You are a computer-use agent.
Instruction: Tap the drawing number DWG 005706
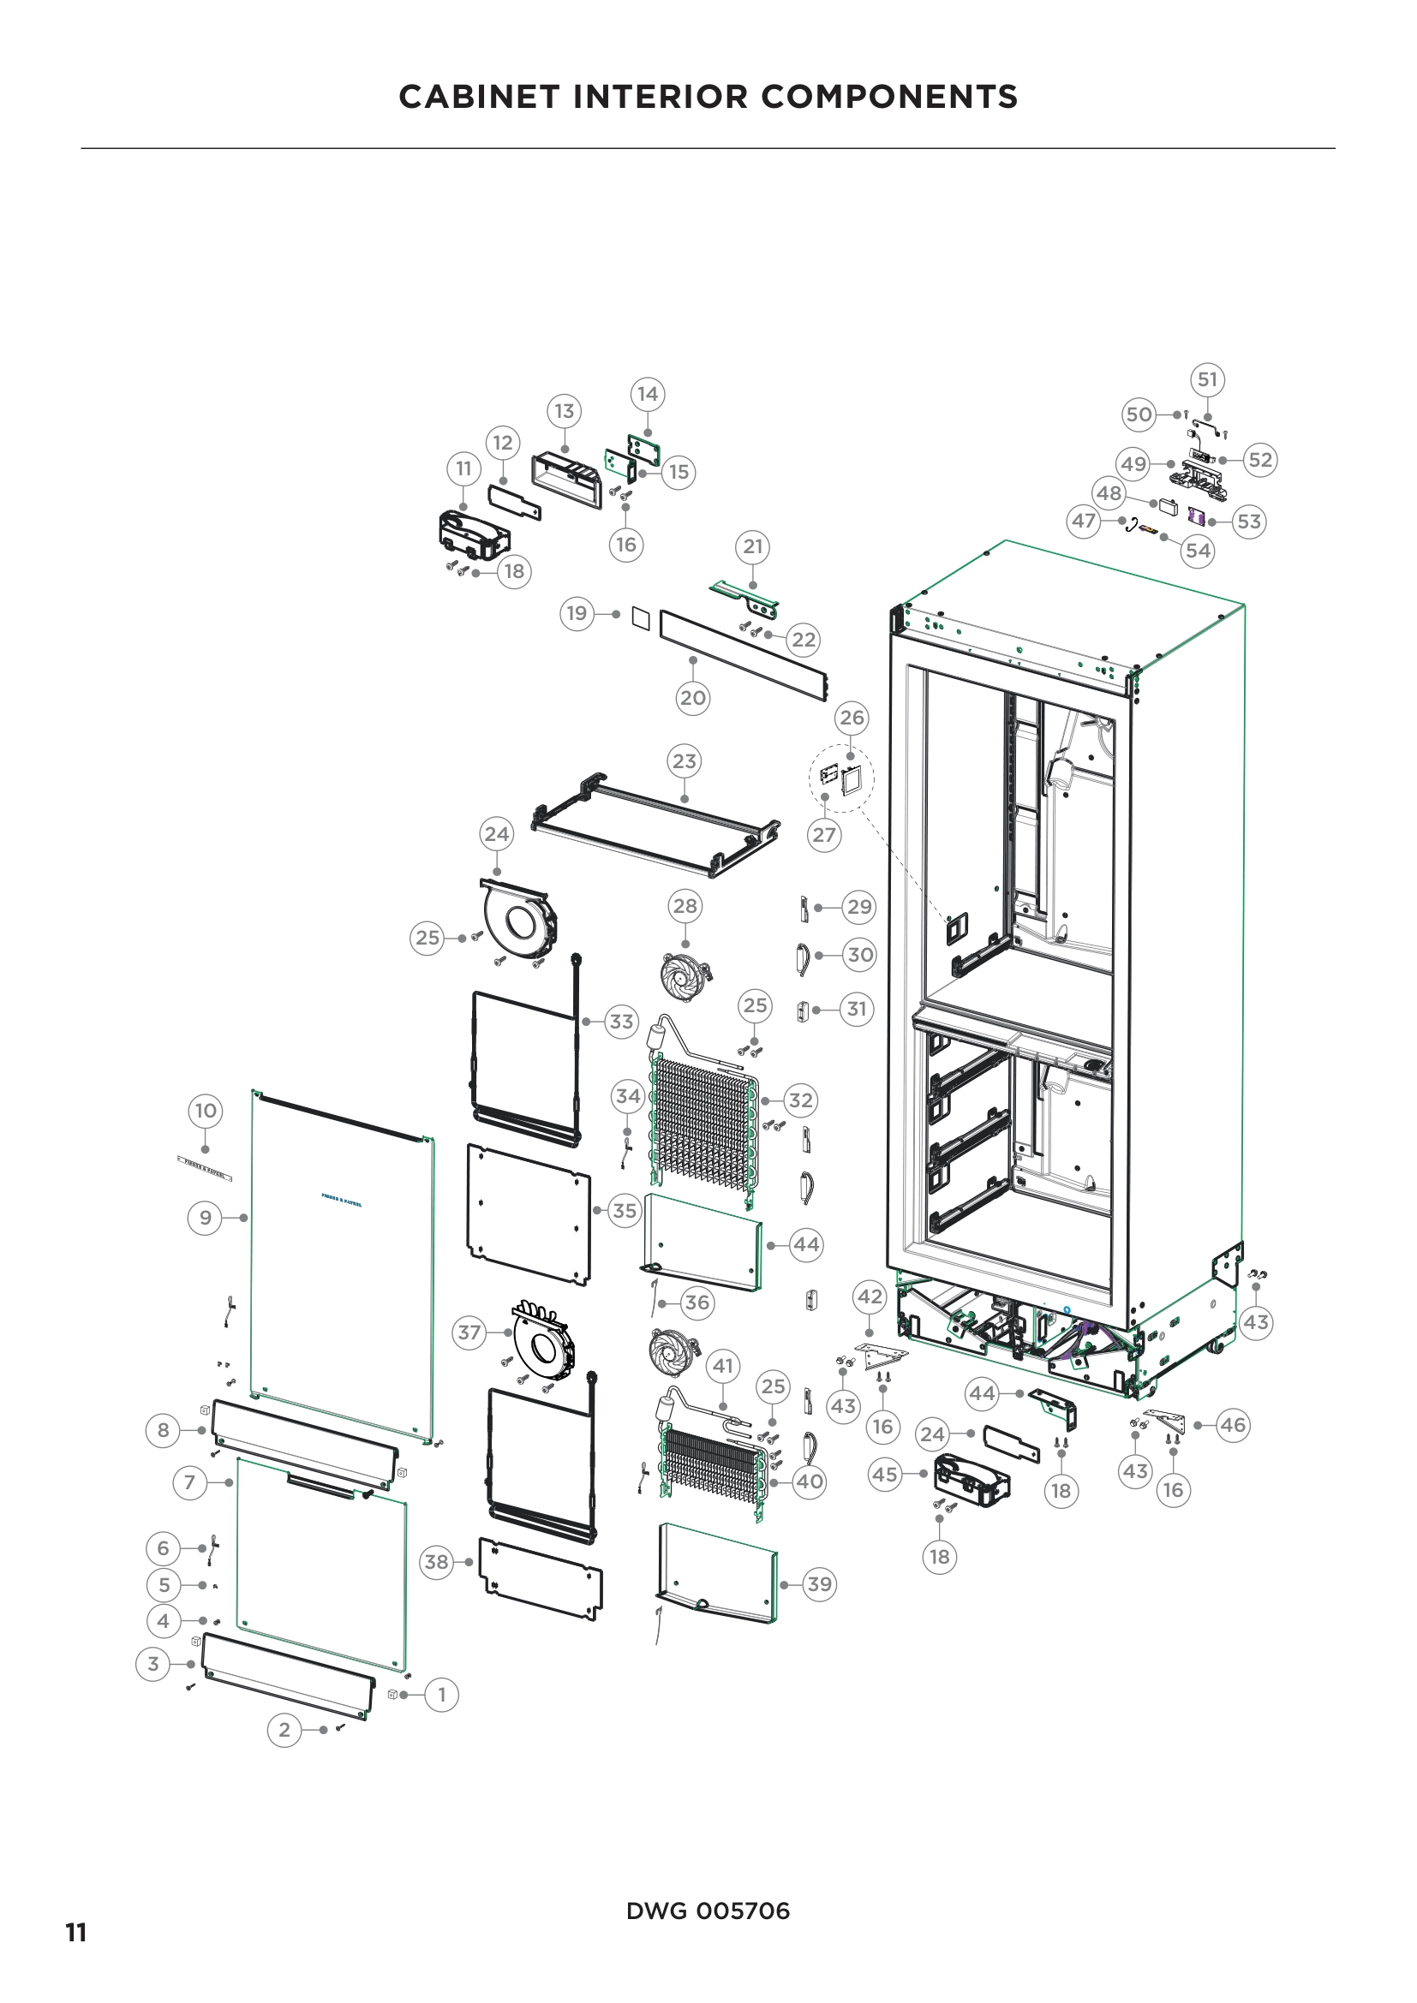708,1911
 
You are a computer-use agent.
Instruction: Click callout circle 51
1207,379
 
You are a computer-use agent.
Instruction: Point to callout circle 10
205,1111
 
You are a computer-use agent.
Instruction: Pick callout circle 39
818,1583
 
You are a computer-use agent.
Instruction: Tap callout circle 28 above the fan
685,905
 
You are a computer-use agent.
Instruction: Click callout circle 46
1232,1425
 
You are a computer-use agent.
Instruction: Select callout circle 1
441,1694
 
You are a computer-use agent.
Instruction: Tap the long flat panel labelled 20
742,655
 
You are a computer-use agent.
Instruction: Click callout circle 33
621,1021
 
